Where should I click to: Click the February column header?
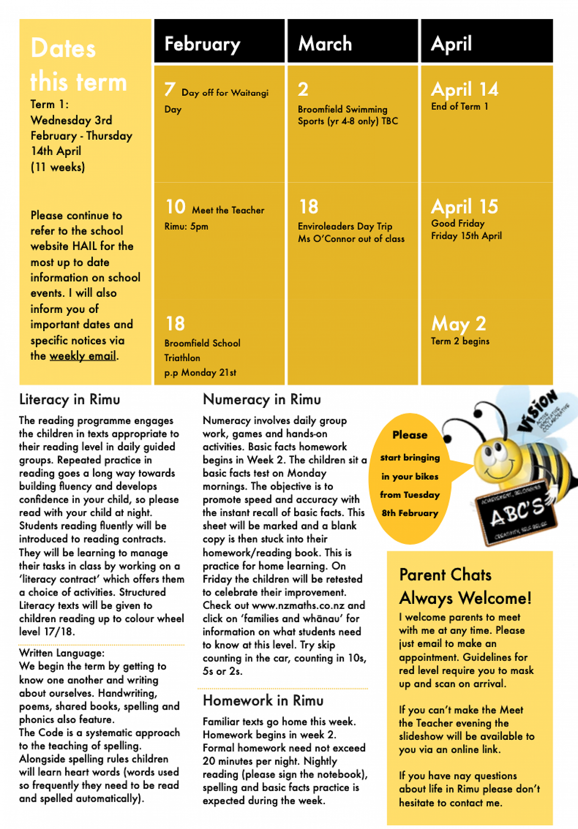[202, 44]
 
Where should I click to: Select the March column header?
[325, 44]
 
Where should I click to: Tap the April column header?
[451, 44]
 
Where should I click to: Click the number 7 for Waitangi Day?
[170, 90]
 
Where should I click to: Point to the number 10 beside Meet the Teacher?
[176, 207]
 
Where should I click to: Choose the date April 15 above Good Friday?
[464, 206]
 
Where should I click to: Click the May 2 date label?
[458, 324]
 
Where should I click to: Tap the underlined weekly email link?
[83, 356]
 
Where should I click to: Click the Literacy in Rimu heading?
[70, 400]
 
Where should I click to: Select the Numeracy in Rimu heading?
[262, 400]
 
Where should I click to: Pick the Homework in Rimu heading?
[263, 701]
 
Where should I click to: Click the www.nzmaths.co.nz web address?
[298, 605]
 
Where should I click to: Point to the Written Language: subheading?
[62, 653]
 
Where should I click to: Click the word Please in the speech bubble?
[410, 435]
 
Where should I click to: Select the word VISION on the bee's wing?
[538, 410]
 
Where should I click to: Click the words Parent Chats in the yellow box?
[445, 575]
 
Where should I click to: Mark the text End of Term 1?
[459, 107]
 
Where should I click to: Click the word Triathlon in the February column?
[182, 358]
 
